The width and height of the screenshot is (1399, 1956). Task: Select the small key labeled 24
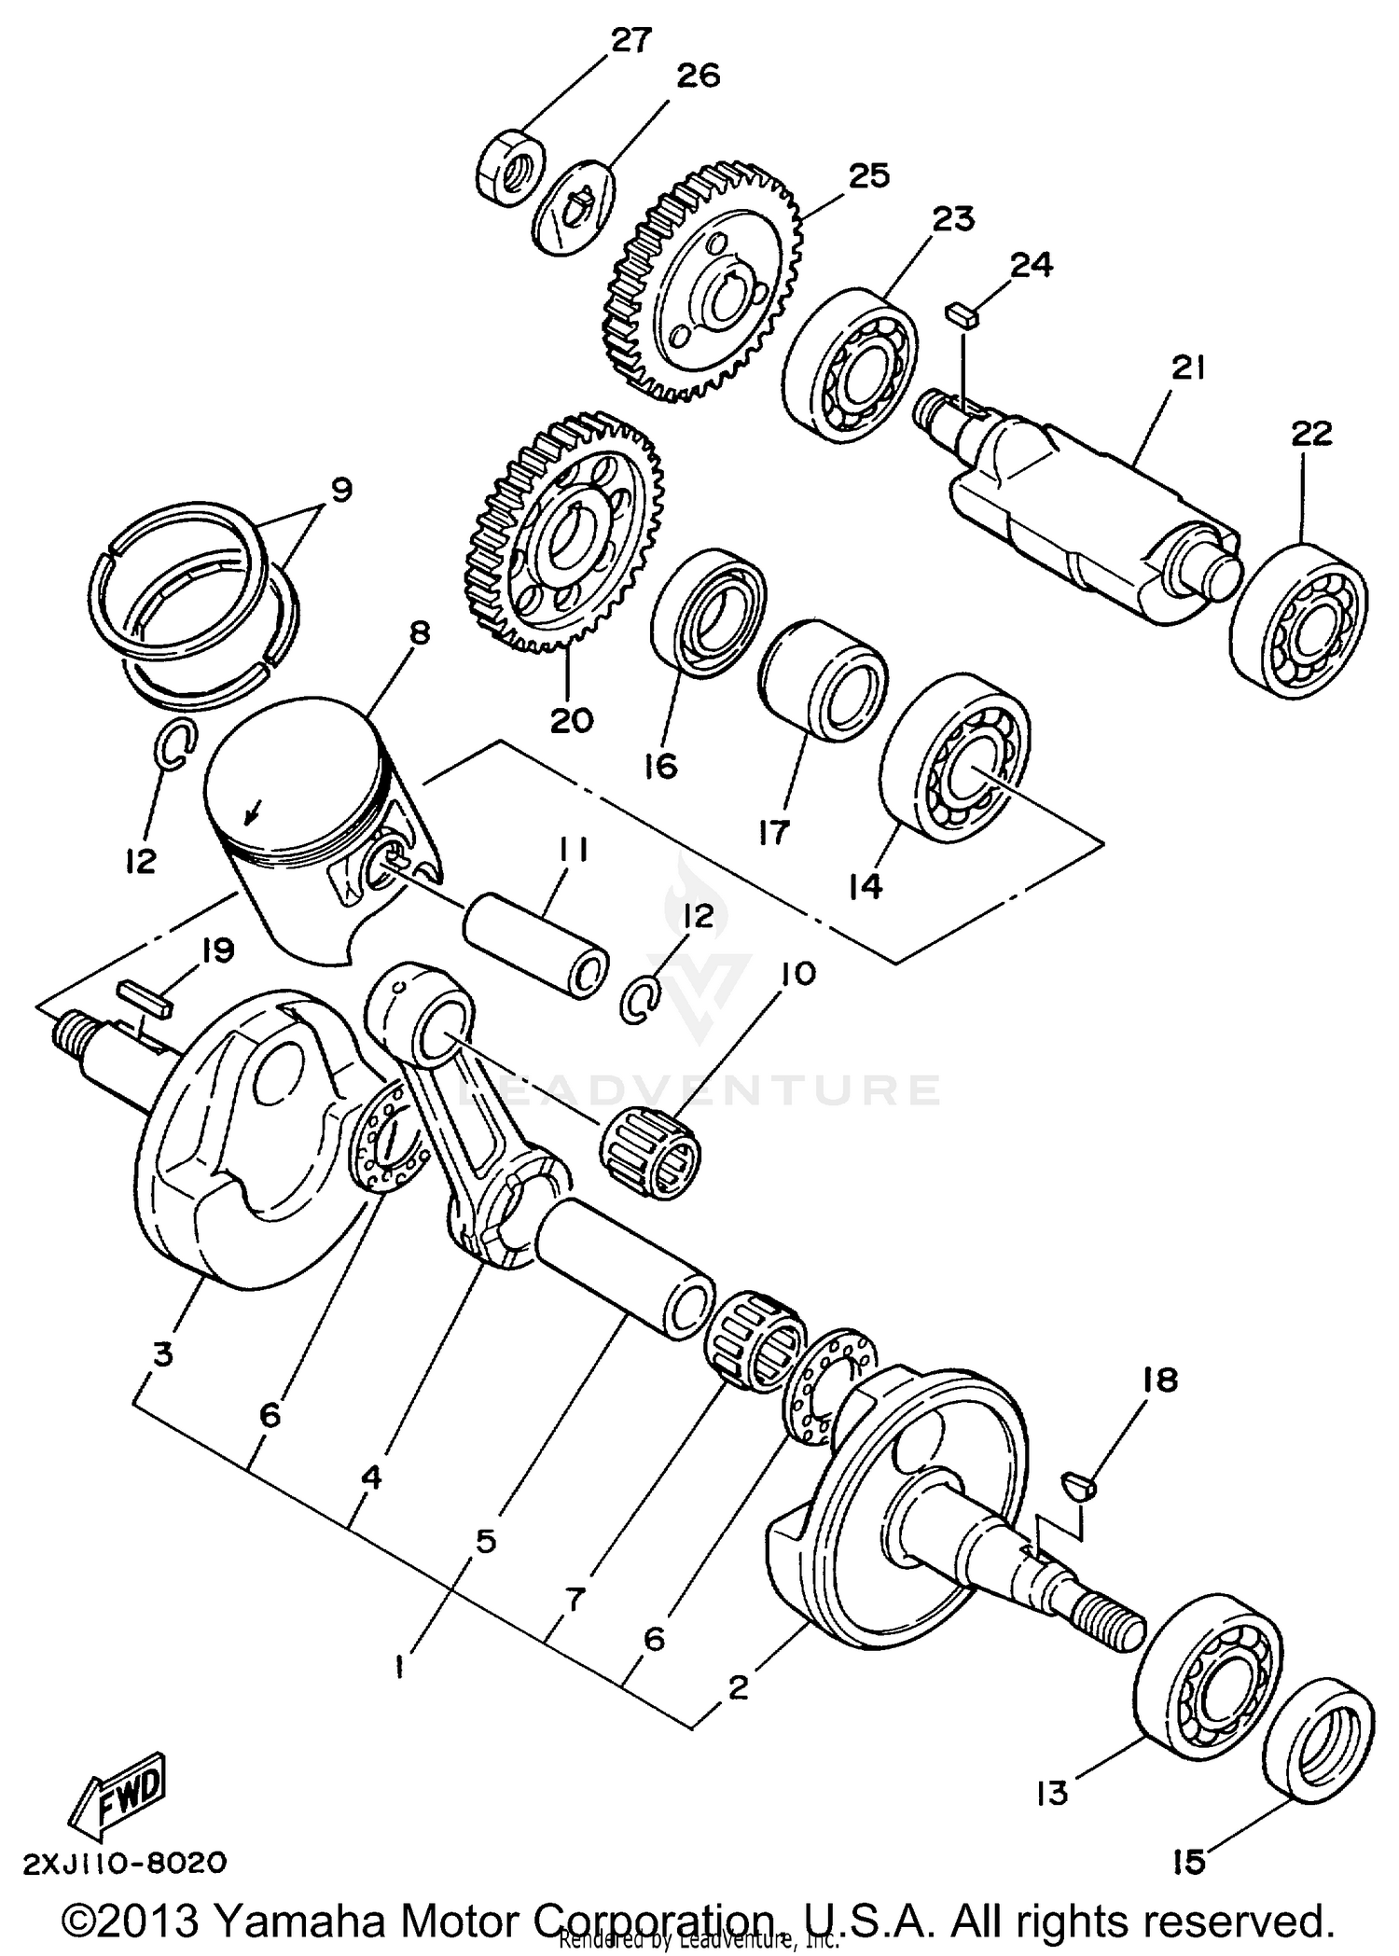tap(963, 313)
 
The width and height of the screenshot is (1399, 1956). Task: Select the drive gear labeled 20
tap(565, 533)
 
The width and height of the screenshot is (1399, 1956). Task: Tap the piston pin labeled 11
tap(537, 946)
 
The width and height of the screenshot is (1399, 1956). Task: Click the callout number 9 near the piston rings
tap(341, 489)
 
